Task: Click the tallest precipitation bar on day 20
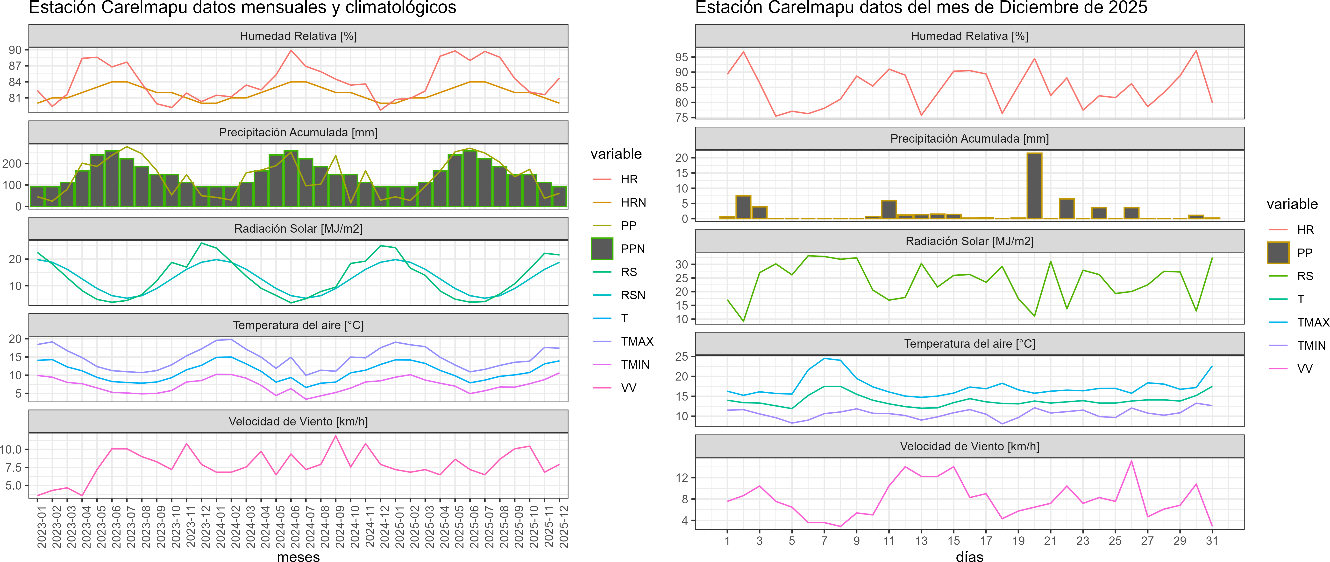pos(1034,186)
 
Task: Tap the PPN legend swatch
pos(602,249)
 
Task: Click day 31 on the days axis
pos(1212,541)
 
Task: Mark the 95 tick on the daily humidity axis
pos(682,57)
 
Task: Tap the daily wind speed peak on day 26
pos(1131,461)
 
